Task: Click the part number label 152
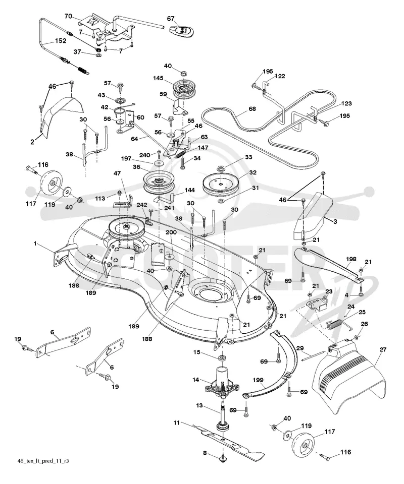coord(60,41)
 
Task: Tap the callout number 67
coord(171,19)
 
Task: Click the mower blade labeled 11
coord(229,440)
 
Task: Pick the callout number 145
coord(158,79)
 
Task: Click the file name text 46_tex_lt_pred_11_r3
coord(43,461)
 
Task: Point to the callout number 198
coord(351,259)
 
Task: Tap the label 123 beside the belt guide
coord(346,103)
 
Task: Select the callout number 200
coord(171,232)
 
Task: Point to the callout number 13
coord(199,405)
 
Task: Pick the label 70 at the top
coord(68,16)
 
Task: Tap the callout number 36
coord(136,167)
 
